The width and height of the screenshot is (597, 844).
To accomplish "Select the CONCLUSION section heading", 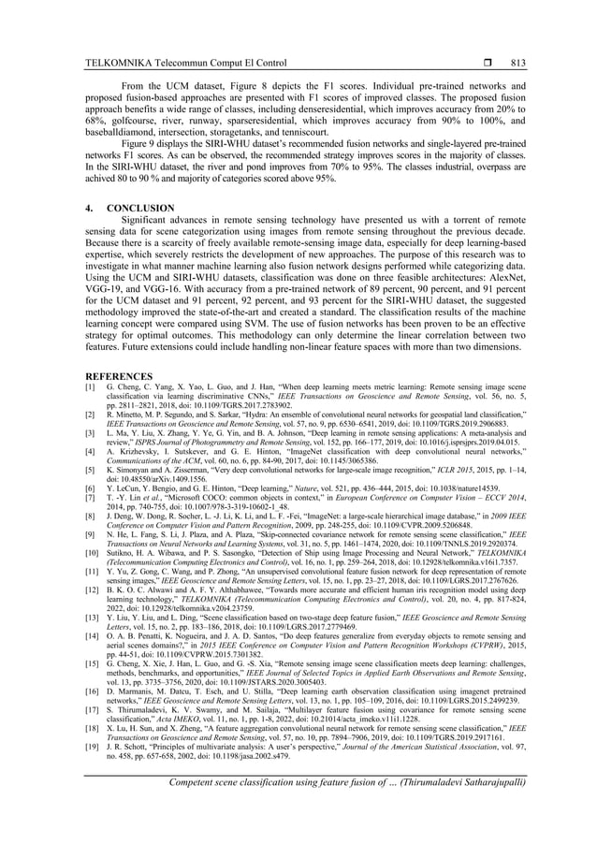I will coord(140,208).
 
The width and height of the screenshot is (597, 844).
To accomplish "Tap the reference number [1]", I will coord(90,386).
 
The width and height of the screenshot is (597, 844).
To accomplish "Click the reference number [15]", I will coord(91,663).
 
